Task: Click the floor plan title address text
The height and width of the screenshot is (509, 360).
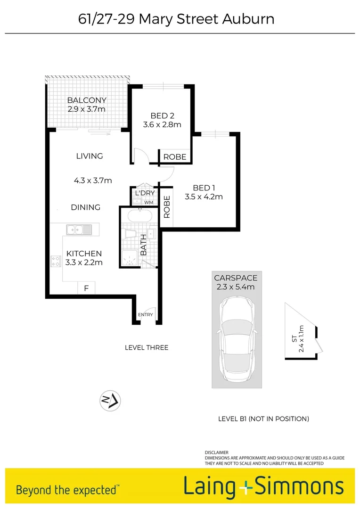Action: [176, 19]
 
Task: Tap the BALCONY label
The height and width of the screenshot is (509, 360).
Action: [86, 100]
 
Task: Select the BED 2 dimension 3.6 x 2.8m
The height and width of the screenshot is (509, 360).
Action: [162, 125]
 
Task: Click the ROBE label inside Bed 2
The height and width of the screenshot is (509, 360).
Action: [175, 157]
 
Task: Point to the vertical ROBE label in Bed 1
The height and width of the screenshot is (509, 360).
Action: [167, 206]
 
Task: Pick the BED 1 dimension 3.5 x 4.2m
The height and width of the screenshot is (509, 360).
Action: [204, 197]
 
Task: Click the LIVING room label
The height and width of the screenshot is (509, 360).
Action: [90, 156]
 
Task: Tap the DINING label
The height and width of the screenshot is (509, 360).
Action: [86, 207]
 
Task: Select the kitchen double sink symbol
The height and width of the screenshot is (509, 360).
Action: [79, 230]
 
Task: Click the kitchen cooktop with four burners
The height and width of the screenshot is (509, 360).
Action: [56, 261]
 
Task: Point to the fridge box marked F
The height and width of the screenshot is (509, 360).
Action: [86, 287]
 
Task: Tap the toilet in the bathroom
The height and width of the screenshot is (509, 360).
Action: [130, 235]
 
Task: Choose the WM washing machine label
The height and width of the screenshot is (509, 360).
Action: [148, 203]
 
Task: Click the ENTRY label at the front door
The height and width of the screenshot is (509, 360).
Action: [145, 315]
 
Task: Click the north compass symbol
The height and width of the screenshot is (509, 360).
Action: [110, 401]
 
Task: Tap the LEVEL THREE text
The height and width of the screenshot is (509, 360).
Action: [147, 348]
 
